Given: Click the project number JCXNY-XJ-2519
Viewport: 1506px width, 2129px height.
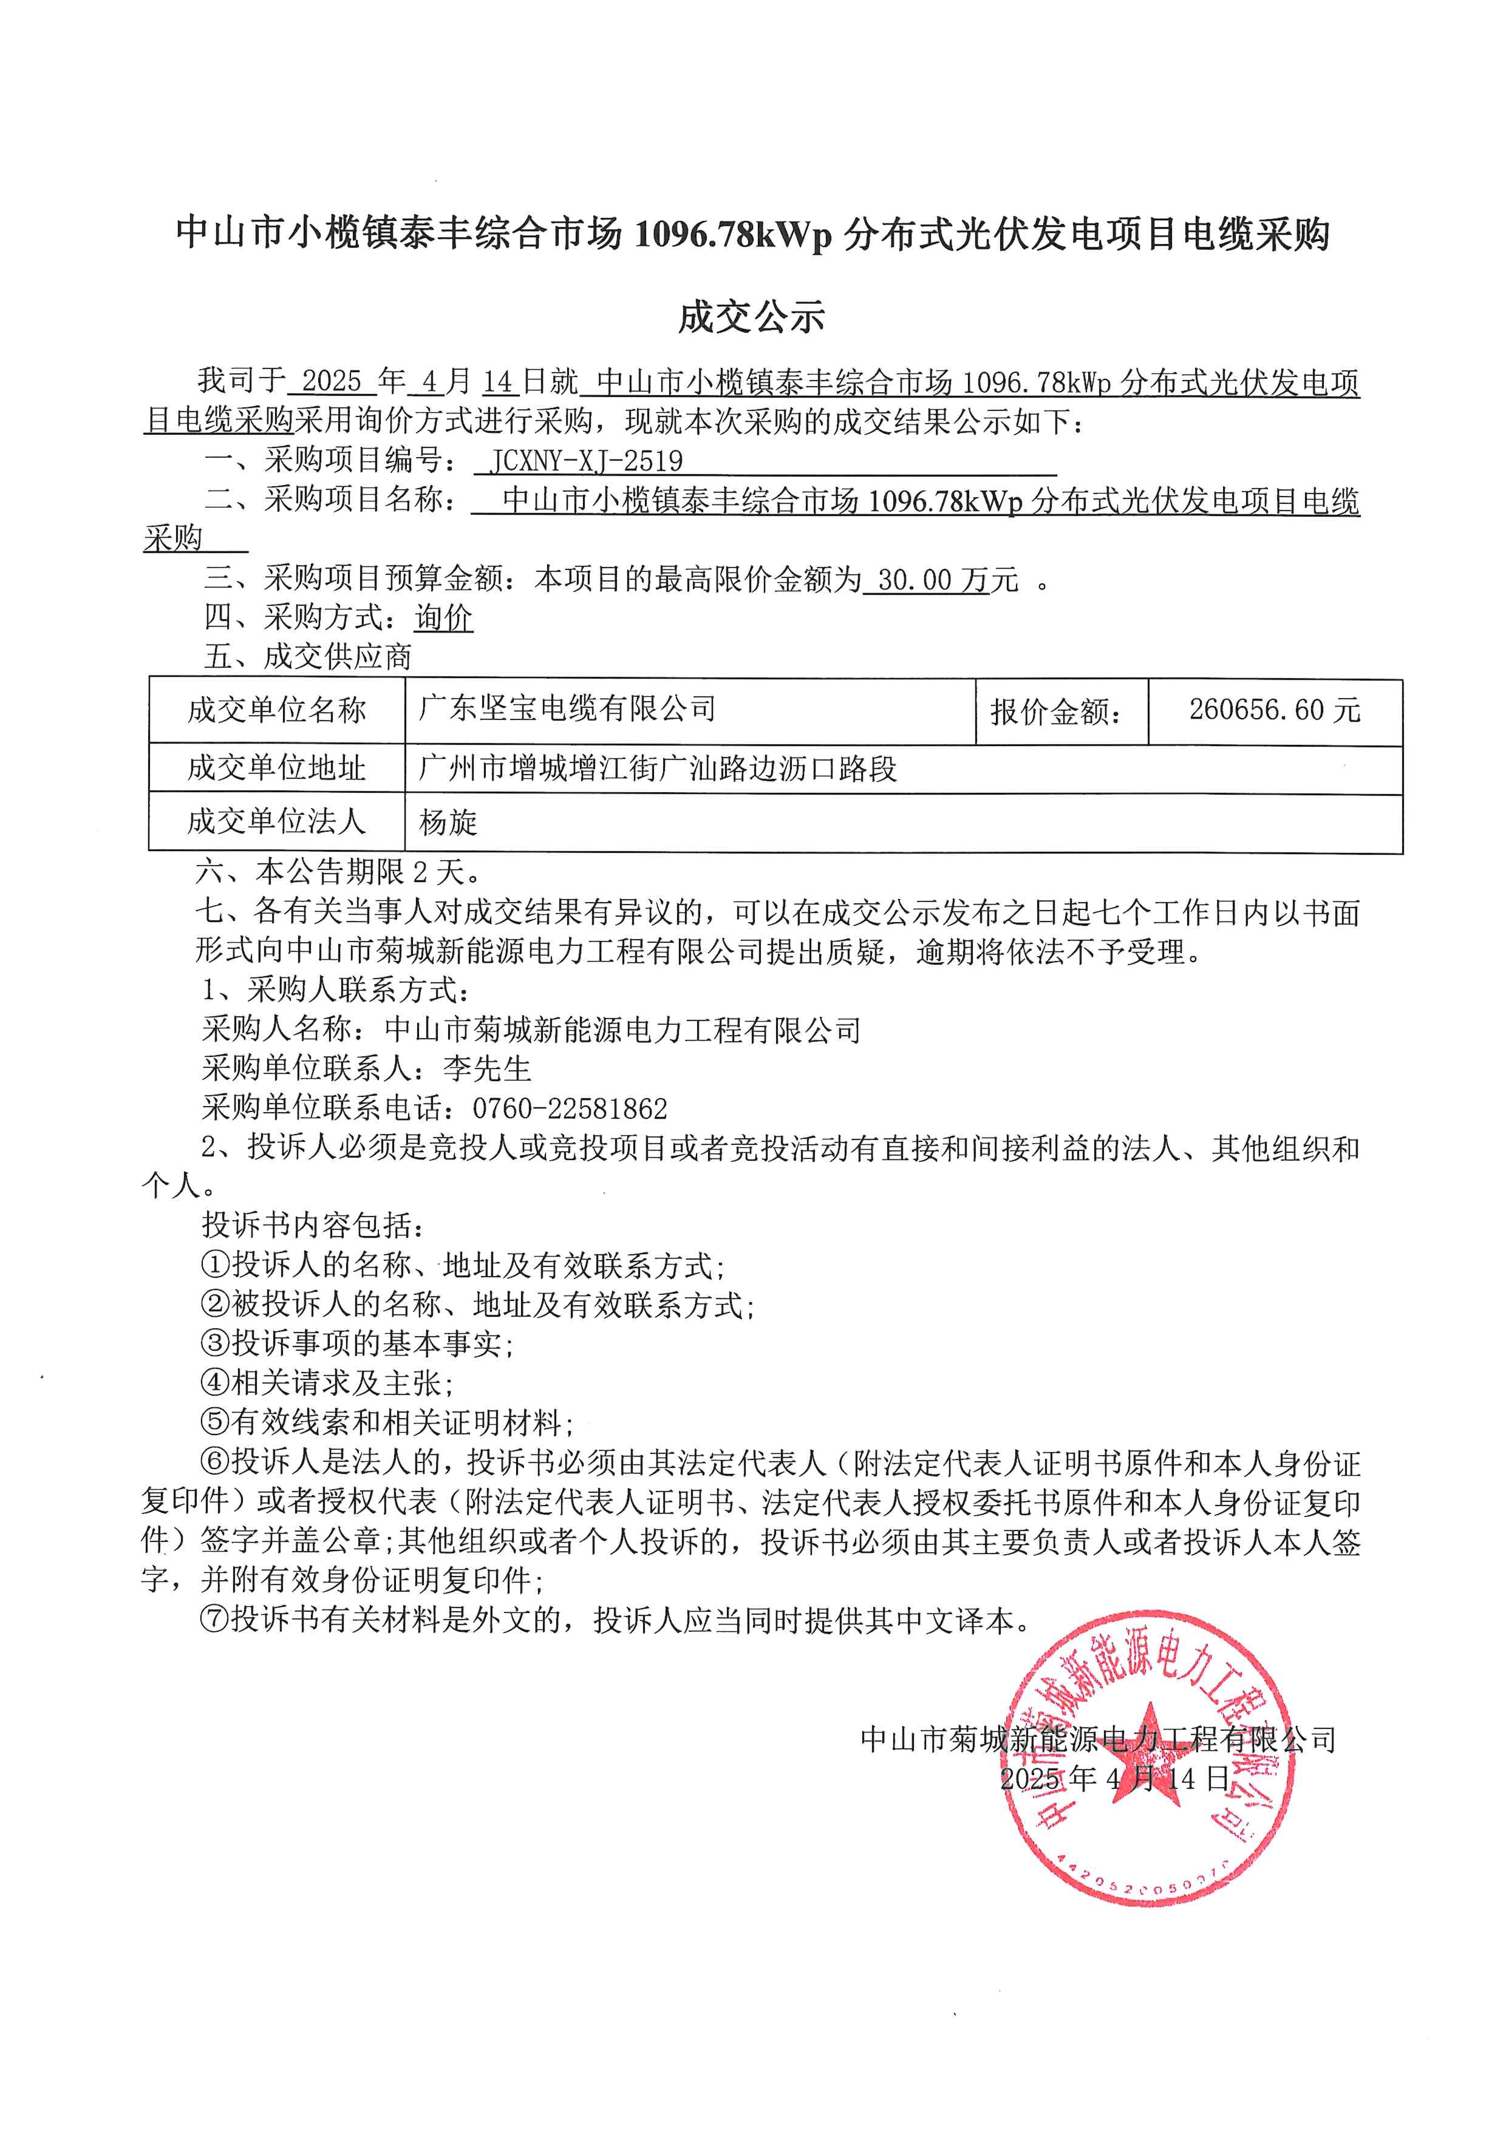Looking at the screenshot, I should click(586, 461).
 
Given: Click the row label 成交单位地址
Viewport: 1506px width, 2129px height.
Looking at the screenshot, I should click(276, 768).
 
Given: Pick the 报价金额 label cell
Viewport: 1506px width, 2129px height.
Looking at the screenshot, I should click(1056, 711).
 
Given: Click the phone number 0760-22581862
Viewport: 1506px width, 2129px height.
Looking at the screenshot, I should click(570, 1108).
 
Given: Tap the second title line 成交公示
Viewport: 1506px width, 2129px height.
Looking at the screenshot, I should click(751, 317).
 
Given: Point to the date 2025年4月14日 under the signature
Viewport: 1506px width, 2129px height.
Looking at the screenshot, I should click(1114, 1778).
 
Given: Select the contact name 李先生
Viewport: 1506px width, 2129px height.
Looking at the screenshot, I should click(487, 1069).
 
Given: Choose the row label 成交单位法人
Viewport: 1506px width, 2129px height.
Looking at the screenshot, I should click(276, 821).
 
